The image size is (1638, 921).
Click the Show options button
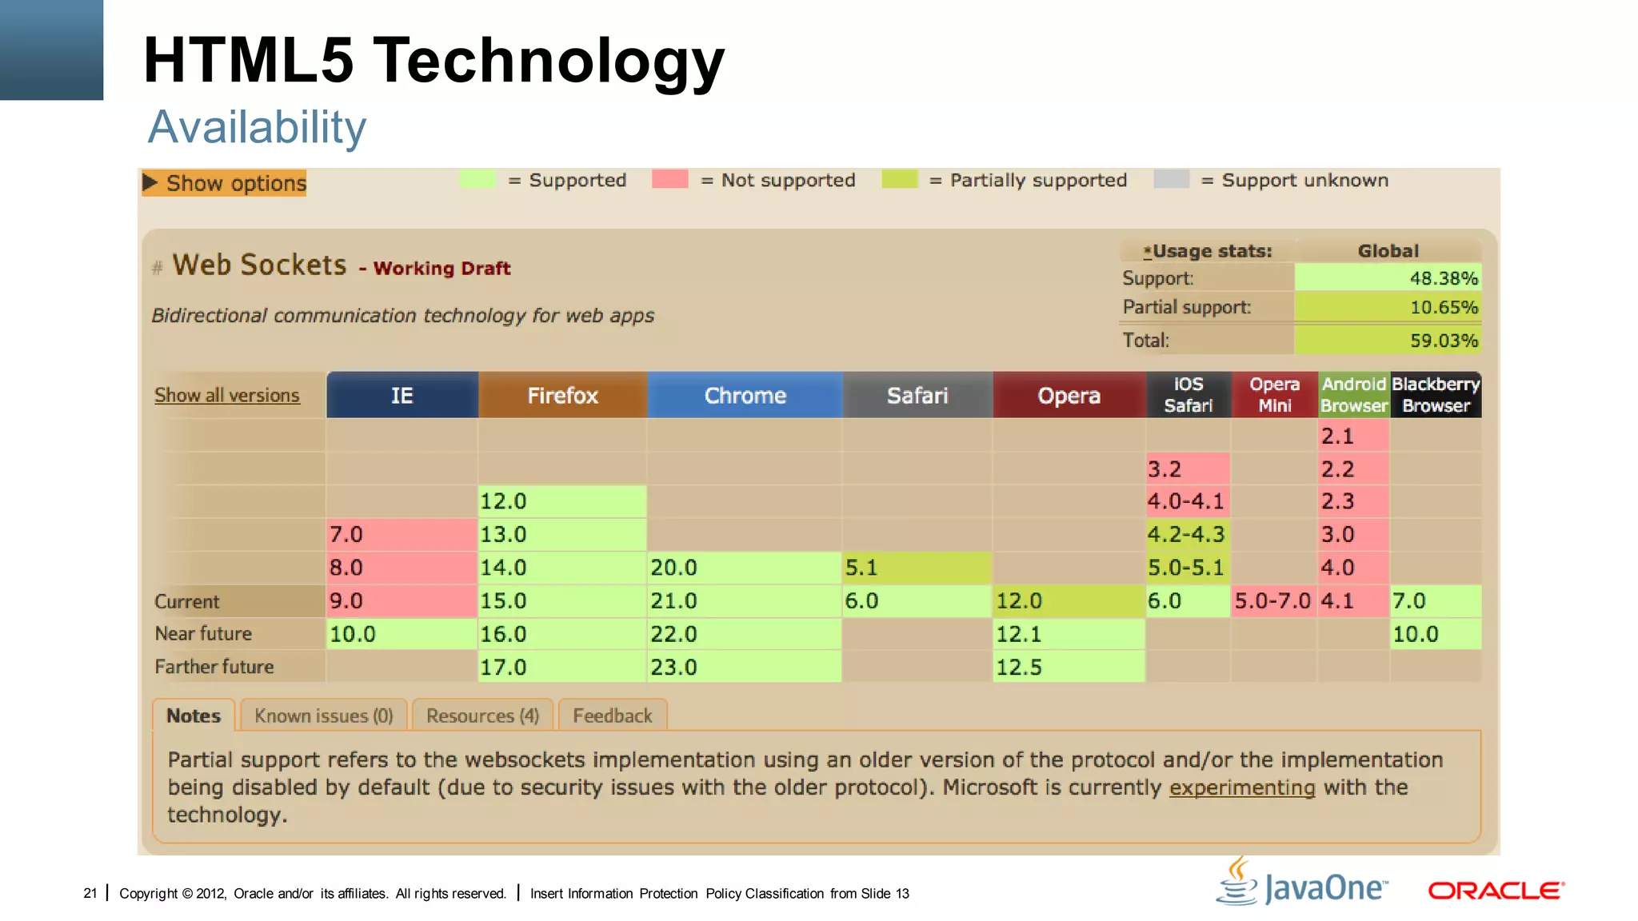click(225, 183)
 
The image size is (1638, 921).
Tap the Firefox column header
click(562, 395)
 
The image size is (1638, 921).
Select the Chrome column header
click(745, 395)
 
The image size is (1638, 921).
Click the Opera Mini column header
click(1274, 395)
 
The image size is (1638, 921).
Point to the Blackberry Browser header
click(1436, 395)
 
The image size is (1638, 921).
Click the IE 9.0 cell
click(402, 600)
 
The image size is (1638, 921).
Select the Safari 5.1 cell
click(917, 568)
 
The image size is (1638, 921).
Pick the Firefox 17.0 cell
click(562, 667)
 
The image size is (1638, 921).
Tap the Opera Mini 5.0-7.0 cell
click(1272, 600)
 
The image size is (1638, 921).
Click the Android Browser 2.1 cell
click(1353, 437)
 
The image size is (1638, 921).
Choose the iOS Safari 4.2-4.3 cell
click(1187, 534)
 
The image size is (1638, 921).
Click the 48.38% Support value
click(1388, 278)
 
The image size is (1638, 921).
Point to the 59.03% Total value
click(1388, 341)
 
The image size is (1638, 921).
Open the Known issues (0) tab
click(324, 716)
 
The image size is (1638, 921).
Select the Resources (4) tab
click(483, 716)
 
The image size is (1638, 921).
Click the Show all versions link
click(227, 395)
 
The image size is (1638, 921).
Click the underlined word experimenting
click(1241, 787)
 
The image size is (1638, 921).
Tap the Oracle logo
click(1496, 891)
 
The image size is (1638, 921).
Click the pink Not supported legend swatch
click(669, 179)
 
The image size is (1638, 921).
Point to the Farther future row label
click(214, 667)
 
